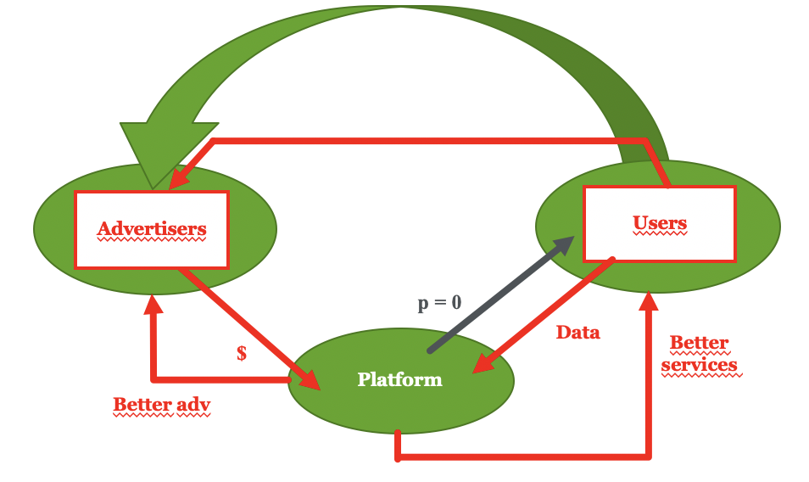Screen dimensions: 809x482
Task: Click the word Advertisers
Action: tap(152, 228)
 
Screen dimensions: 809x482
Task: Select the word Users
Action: tap(660, 222)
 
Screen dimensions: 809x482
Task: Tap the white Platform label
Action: tap(400, 379)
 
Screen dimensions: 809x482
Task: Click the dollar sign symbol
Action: tap(242, 353)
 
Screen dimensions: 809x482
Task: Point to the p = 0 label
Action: tap(439, 302)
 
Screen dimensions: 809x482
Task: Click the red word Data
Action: tap(577, 333)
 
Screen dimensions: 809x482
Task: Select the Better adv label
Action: tap(161, 404)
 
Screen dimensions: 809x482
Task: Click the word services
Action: tap(699, 365)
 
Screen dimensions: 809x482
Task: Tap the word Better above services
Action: tap(699, 342)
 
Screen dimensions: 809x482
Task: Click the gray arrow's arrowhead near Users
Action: tap(563, 244)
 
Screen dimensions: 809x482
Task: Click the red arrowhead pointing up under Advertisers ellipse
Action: tap(153, 304)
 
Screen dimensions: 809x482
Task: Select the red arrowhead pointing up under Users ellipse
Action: tap(649, 301)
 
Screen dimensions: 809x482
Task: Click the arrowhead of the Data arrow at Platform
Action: tap(483, 364)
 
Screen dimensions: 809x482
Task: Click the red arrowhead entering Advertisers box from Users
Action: tap(178, 180)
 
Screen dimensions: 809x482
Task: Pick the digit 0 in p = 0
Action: tap(456, 302)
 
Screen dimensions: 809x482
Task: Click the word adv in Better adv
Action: tap(193, 404)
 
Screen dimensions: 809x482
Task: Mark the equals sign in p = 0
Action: tap(440, 302)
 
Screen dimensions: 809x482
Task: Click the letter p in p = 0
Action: tap(423, 304)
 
